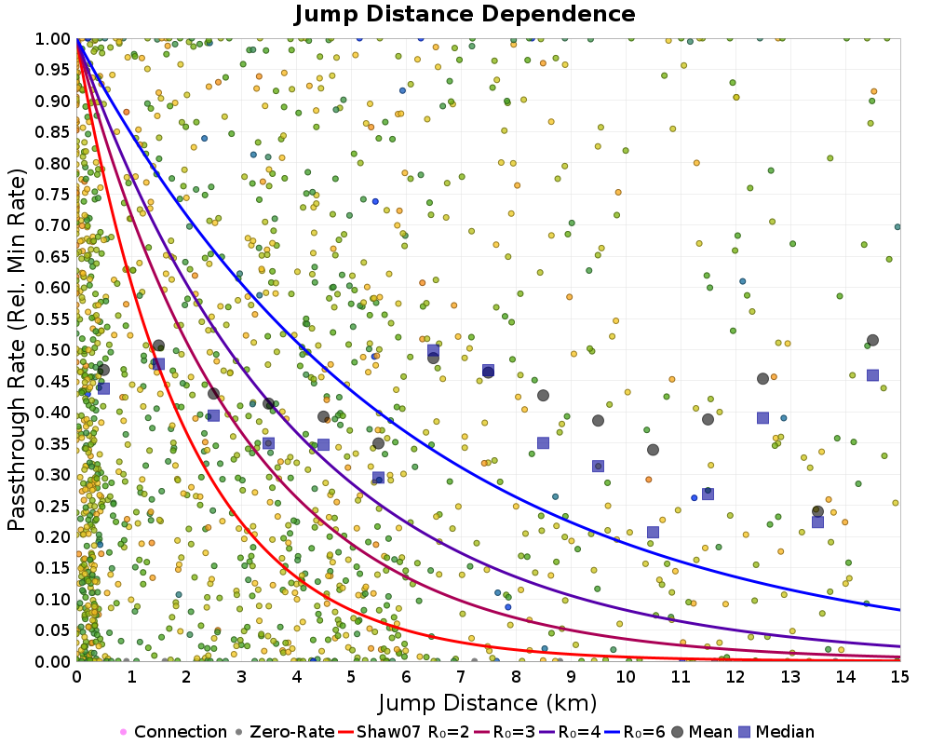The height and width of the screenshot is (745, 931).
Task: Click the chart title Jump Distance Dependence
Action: (x=465, y=14)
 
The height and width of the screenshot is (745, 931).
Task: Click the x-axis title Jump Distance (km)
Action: (x=488, y=702)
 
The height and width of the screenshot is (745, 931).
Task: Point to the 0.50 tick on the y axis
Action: (x=57, y=350)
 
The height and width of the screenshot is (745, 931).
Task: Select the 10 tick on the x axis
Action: (x=626, y=673)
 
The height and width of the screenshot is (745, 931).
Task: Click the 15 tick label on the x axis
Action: (x=899, y=673)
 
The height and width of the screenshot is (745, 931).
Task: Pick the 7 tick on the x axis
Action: (x=461, y=673)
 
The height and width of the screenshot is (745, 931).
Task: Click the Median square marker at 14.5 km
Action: (x=872, y=375)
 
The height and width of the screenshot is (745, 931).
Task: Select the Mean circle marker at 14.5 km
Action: (x=872, y=341)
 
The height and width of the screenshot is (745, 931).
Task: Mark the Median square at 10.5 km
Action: (x=653, y=533)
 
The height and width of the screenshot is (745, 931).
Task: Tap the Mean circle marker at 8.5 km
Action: (x=543, y=395)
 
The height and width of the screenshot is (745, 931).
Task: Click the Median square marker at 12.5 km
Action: (x=762, y=418)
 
